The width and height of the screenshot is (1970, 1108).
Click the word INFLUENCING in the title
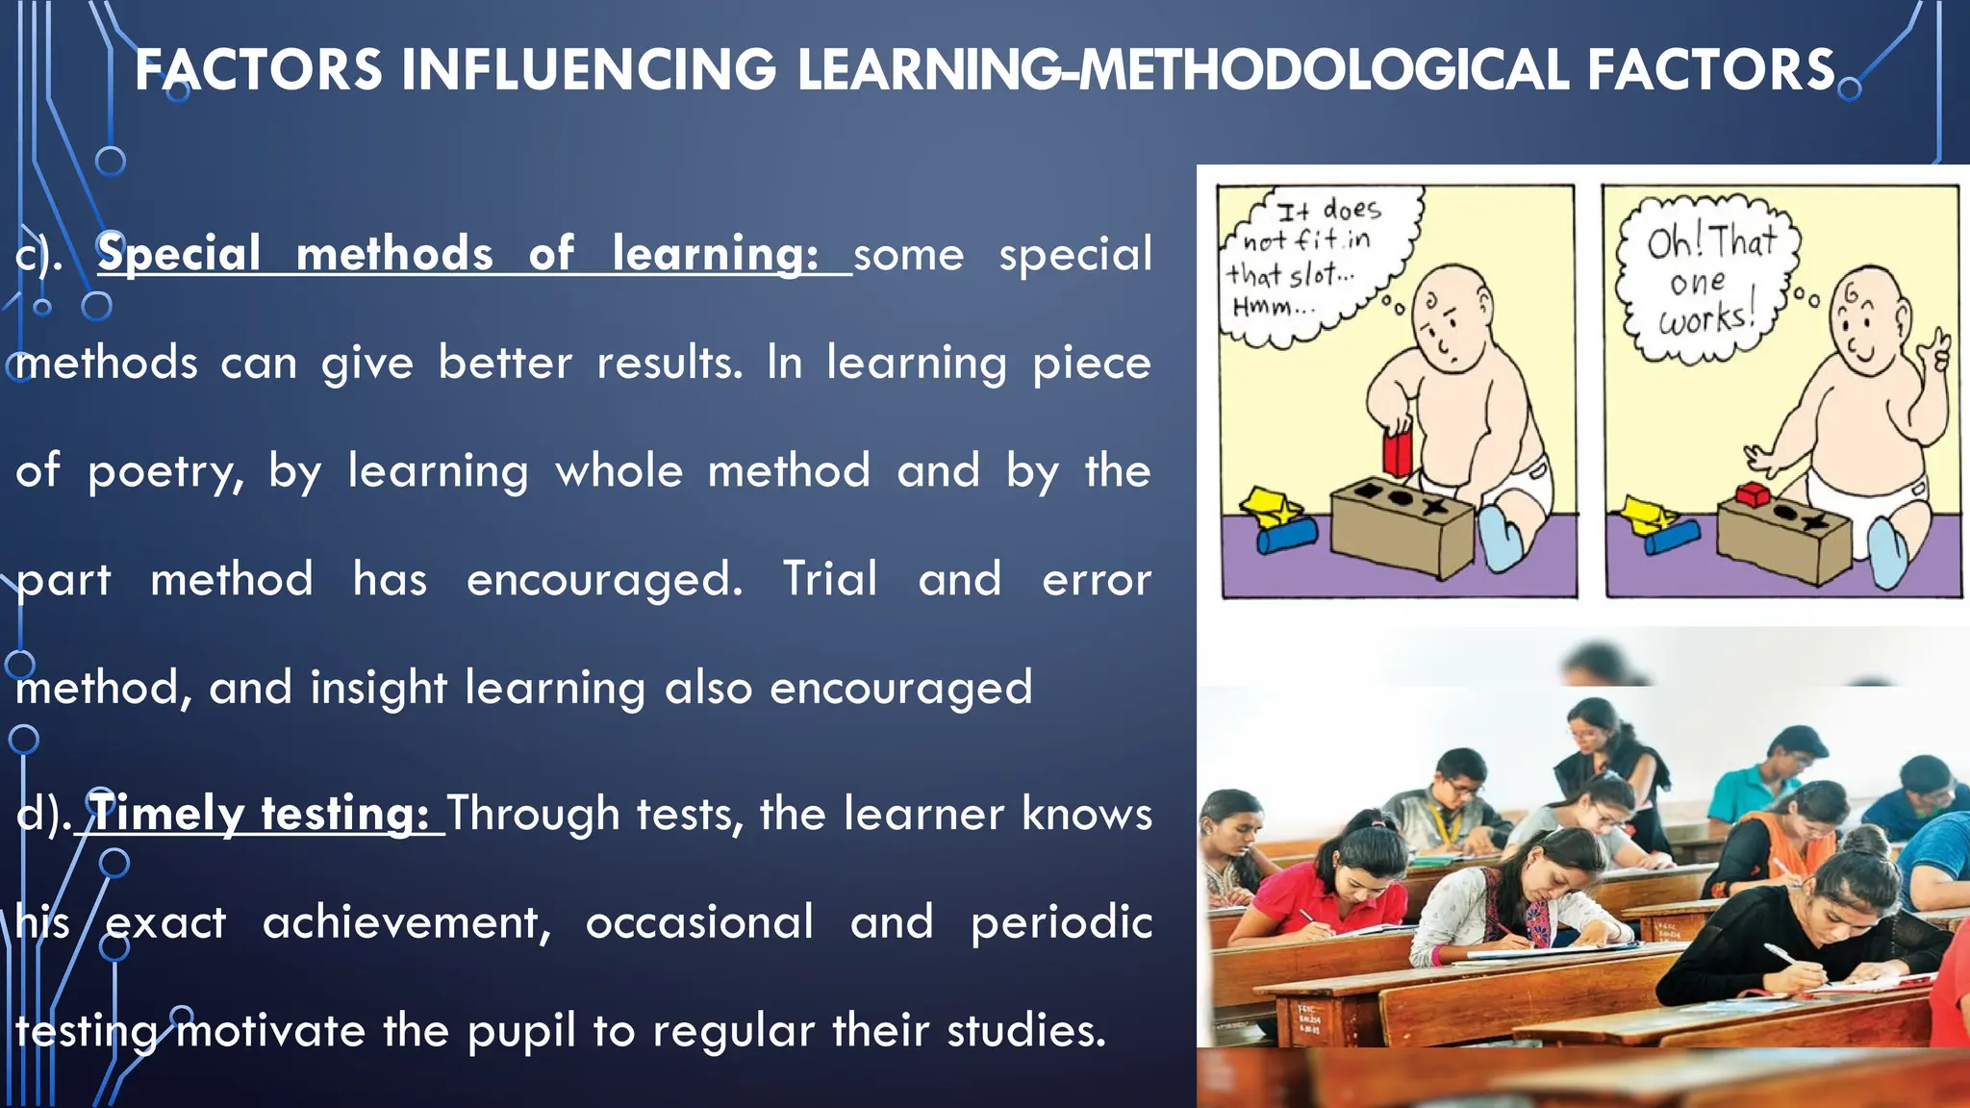pyautogui.click(x=589, y=70)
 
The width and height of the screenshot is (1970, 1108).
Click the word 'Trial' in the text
pyautogui.click(x=829, y=579)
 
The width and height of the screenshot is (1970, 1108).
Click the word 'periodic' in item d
pyautogui.click(x=1061, y=922)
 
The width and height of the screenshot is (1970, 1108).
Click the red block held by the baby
pyautogui.click(x=1397, y=450)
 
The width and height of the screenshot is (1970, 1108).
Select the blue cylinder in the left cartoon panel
pyautogui.click(x=1286, y=537)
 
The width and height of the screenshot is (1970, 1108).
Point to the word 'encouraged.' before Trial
pyautogui.click(x=604, y=579)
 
